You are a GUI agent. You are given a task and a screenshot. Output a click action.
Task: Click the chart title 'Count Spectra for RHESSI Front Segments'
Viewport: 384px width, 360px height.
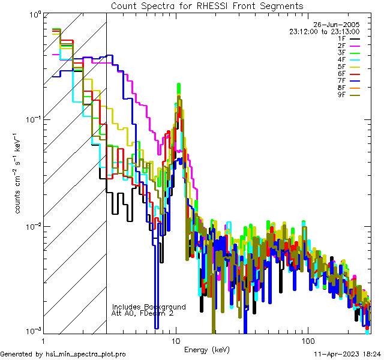207,6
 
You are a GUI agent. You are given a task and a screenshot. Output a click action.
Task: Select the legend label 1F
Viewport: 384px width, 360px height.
341,38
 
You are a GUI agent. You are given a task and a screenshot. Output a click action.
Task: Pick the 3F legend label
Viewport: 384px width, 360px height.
341,53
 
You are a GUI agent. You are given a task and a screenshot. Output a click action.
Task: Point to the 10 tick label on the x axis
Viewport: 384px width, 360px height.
175,341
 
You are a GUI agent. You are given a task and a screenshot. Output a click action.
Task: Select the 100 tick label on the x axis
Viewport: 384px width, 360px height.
307,341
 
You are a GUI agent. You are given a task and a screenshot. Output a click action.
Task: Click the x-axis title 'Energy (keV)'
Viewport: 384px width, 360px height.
206,349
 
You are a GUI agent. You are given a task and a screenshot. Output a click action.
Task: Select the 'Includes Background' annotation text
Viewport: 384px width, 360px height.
149,307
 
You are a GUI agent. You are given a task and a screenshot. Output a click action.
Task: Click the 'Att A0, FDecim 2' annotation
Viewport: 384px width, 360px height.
143,314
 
